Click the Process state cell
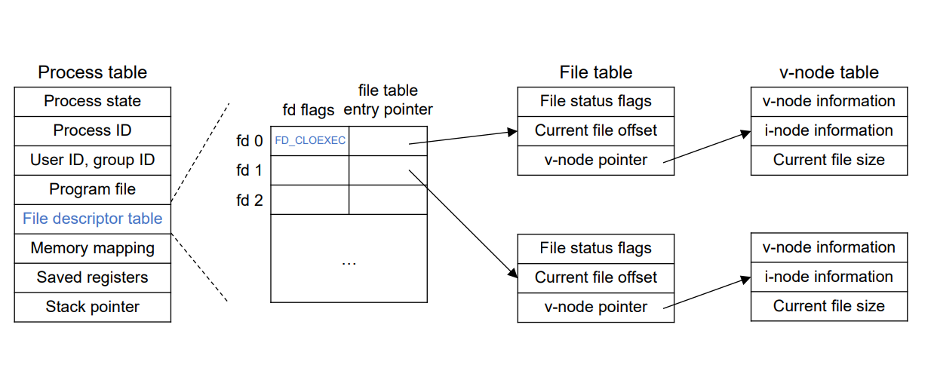point(92,101)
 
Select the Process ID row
point(92,130)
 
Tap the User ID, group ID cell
point(92,160)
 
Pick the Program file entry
point(92,189)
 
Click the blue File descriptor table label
point(92,219)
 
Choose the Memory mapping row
point(92,248)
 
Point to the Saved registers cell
point(92,277)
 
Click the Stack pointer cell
point(92,307)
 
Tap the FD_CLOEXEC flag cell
point(309,141)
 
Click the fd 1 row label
point(248,170)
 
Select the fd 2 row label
point(248,200)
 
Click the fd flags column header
point(308,110)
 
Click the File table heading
point(595,72)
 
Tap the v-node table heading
point(828,72)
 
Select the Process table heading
point(92,72)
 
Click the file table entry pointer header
point(388,100)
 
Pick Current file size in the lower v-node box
point(828,307)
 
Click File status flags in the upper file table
point(595,101)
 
